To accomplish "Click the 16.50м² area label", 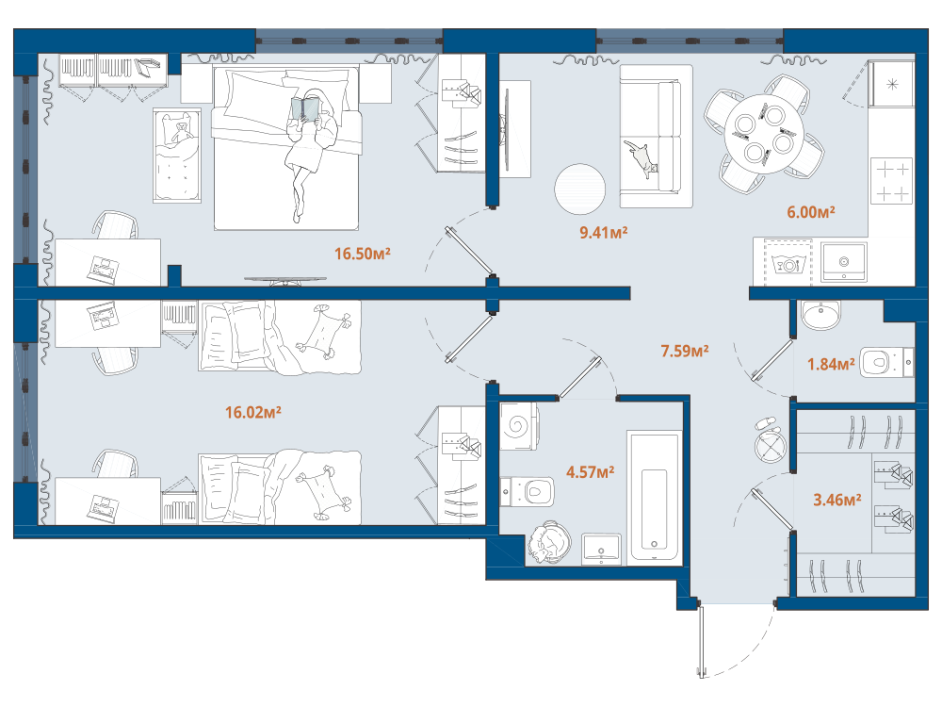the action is pyautogui.click(x=363, y=254).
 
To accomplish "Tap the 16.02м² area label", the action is pyautogui.click(x=252, y=413).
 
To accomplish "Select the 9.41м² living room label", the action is pyautogui.click(x=603, y=232).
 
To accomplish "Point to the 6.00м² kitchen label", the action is pyautogui.click(x=810, y=212).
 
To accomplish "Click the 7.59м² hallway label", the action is pyautogui.click(x=684, y=351).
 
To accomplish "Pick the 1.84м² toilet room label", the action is pyautogui.click(x=830, y=364).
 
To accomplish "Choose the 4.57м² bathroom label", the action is pyautogui.click(x=590, y=472).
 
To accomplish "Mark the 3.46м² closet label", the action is pyautogui.click(x=836, y=500).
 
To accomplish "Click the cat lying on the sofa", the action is pyautogui.click(x=641, y=158).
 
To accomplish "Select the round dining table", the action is pyautogui.click(x=764, y=134).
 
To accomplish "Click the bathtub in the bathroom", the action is pyautogui.click(x=655, y=498).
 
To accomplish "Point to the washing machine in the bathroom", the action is pyautogui.click(x=519, y=426).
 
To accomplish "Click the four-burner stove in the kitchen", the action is pyautogui.click(x=891, y=180).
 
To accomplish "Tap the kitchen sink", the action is pyautogui.click(x=843, y=262).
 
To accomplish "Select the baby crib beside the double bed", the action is pyautogui.click(x=177, y=156).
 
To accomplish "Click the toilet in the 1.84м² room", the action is pyautogui.click(x=886, y=363).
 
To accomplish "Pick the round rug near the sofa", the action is pyautogui.click(x=579, y=189).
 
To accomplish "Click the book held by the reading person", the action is pyautogui.click(x=306, y=109).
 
